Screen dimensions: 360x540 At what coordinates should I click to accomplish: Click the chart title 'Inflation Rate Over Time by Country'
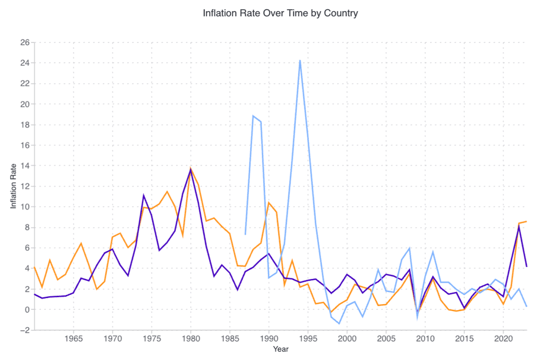pyautogui.click(x=280, y=13)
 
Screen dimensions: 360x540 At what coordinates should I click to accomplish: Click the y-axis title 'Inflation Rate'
pyautogui.click(x=13, y=186)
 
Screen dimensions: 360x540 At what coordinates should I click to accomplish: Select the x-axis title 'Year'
pyautogui.click(x=281, y=349)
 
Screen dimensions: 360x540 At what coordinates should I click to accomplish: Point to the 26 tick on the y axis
pyautogui.click(x=25, y=42)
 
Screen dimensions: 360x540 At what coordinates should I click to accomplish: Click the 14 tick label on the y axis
pyautogui.click(x=25, y=166)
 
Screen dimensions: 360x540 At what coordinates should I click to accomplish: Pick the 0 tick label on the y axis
pyautogui.click(x=27, y=310)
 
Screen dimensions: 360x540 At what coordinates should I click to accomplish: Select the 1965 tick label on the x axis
pyautogui.click(x=73, y=339)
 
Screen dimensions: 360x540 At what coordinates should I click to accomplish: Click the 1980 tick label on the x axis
pyautogui.click(x=191, y=339)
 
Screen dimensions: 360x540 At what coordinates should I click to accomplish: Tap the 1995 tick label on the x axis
pyautogui.click(x=308, y=339)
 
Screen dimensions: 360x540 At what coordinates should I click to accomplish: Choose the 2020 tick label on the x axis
pyautogui.click(x=503, y=339)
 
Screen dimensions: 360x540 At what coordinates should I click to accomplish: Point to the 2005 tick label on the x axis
pyautogui.click(x=386, y=339)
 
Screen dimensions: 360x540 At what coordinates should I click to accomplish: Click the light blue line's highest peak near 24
pyautogui.click(x=300, y=60)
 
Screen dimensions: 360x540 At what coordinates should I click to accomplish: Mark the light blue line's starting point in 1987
pyautogui.click(x=245, y=234)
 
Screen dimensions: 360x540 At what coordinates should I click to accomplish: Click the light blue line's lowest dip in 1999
pyautogui.click(x=339, y=324)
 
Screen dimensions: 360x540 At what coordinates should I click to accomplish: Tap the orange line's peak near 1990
pyautogui.click(x=269, y=203)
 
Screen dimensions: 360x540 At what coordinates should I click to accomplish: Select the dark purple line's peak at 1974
pyautogui.click(x=144, y=195)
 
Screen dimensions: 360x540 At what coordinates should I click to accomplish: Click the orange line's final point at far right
pyautogui.click(x=527, y=221)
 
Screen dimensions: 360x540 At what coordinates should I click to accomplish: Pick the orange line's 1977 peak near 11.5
pyautogui.click(x=167, y=192)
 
